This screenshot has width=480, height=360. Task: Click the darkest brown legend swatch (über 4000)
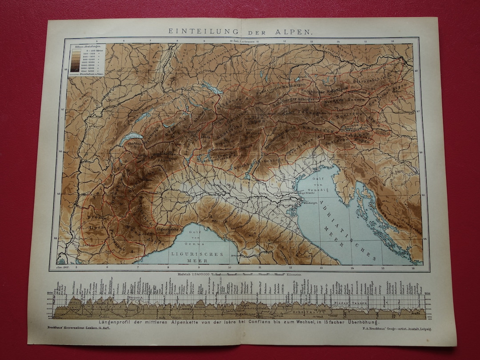(x=75, y=70)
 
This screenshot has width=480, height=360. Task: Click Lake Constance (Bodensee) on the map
(x=212, y=88)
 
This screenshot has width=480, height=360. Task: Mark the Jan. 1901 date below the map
(x=62, y=268)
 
